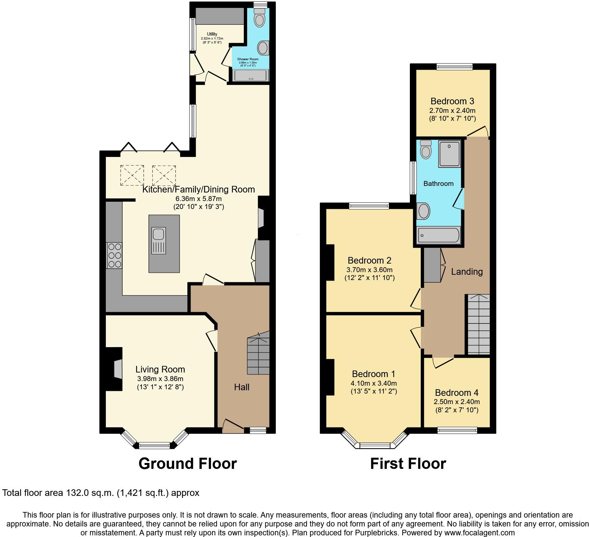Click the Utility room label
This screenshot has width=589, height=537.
point(212,34)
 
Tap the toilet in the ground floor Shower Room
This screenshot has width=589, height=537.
point(260,18)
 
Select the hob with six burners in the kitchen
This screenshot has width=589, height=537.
point(114,255)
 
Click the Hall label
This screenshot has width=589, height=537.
point(242,387)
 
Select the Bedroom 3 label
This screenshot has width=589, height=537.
point(452,101)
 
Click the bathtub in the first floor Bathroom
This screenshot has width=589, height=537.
point(438,235)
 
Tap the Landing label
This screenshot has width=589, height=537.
point(466,271)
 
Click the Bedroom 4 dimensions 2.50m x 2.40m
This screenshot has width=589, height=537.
point(457,402)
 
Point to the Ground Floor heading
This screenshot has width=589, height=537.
point(187,463)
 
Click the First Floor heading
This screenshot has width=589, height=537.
point(408,463)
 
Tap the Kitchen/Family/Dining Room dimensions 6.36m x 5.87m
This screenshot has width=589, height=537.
point(199,199)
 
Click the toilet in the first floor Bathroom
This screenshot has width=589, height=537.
point(426,150)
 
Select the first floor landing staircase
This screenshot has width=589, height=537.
point(479,324)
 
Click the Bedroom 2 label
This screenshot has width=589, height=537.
point(369,260)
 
